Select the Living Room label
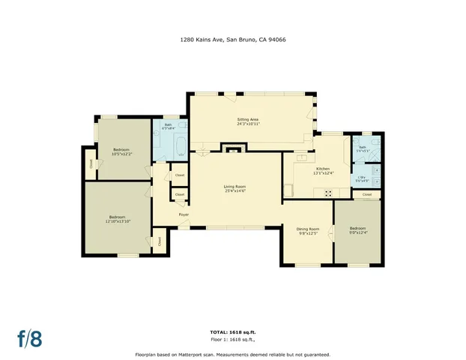[x=234, y=187]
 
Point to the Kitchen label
[x=323, y=169]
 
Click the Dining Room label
[x=308, y=229]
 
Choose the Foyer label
[x=184, y=214]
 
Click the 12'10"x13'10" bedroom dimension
[x=118, y=220]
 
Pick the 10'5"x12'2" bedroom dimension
[x=121, y=154]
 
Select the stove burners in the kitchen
[x=327, y=193]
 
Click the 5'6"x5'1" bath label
[x=362, y=149]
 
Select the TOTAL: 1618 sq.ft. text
[x=232, y=331]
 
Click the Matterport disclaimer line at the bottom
[x=232, y=354]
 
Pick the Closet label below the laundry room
[x=366, y=194]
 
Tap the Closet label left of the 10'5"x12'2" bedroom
[x=91, y=163]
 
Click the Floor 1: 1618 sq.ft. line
[x=232, y=339]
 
